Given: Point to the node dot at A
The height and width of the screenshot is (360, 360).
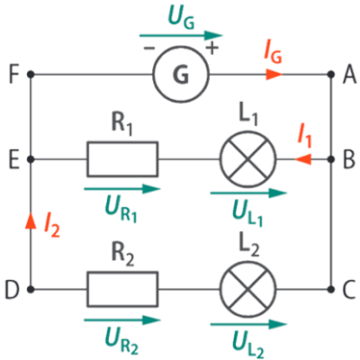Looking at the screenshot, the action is point(330,74).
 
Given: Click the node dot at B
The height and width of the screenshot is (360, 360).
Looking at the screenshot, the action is point(330,159).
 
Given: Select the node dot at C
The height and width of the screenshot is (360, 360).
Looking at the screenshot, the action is point(330,290).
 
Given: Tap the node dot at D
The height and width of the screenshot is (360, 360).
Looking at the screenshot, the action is point(31,290).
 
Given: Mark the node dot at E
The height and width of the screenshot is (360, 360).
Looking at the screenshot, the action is point(31,159).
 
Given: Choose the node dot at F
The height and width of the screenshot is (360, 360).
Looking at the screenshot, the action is point(31,74).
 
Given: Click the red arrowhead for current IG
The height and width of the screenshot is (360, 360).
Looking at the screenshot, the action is point(274,74).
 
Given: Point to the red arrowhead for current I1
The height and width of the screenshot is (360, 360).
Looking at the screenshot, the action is point(303,159).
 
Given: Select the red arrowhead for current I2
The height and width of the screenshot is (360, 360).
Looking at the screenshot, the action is point(31,221).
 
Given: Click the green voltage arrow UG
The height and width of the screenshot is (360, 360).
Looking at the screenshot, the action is point(181,35).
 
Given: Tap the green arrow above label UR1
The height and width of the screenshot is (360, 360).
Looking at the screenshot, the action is point(122,189).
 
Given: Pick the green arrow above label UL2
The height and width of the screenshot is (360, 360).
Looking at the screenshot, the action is point(248,324).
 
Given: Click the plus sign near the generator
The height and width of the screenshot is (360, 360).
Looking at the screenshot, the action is point(212,48).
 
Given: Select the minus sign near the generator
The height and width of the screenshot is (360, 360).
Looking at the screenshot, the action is point(149,48).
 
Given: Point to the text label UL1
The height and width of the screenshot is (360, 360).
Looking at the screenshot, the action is point(247,212).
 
